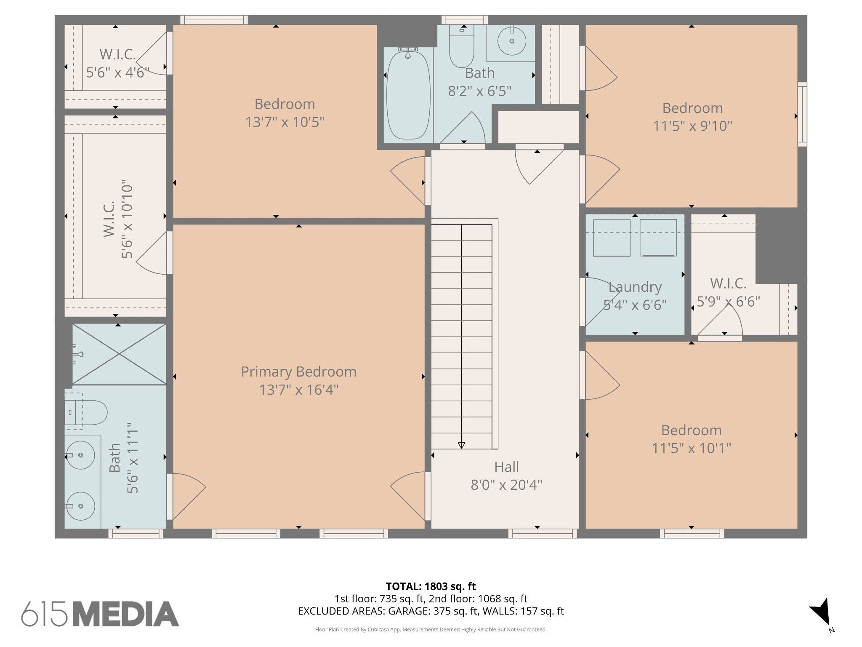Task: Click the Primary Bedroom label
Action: tap(298, 372)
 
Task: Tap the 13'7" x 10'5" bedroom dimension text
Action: tap(285, 122)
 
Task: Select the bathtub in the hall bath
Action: tap(408, 94)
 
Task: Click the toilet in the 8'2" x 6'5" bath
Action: tap(462, 46)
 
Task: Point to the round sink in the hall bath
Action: tap(512, 41)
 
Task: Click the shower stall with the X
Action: tap(119, 354)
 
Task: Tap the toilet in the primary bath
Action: tap(86, 412)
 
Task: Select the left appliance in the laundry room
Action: tap(612, 238)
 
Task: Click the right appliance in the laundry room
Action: tap(658, 238)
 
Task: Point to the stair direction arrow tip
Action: tap(461, 448)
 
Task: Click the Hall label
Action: tap(506, 467)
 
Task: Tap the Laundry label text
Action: tap(635, 287)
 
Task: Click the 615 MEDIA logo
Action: tap(100, 614)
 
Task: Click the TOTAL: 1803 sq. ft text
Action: tap(431, 586)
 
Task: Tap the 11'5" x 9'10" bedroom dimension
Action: tap(692, 126)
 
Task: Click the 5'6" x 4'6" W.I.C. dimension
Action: tap(118, 72)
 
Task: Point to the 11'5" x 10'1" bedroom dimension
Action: tap(692, 448)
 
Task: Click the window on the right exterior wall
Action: tap(802, 114)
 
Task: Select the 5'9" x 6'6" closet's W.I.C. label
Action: tap(728, 283)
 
